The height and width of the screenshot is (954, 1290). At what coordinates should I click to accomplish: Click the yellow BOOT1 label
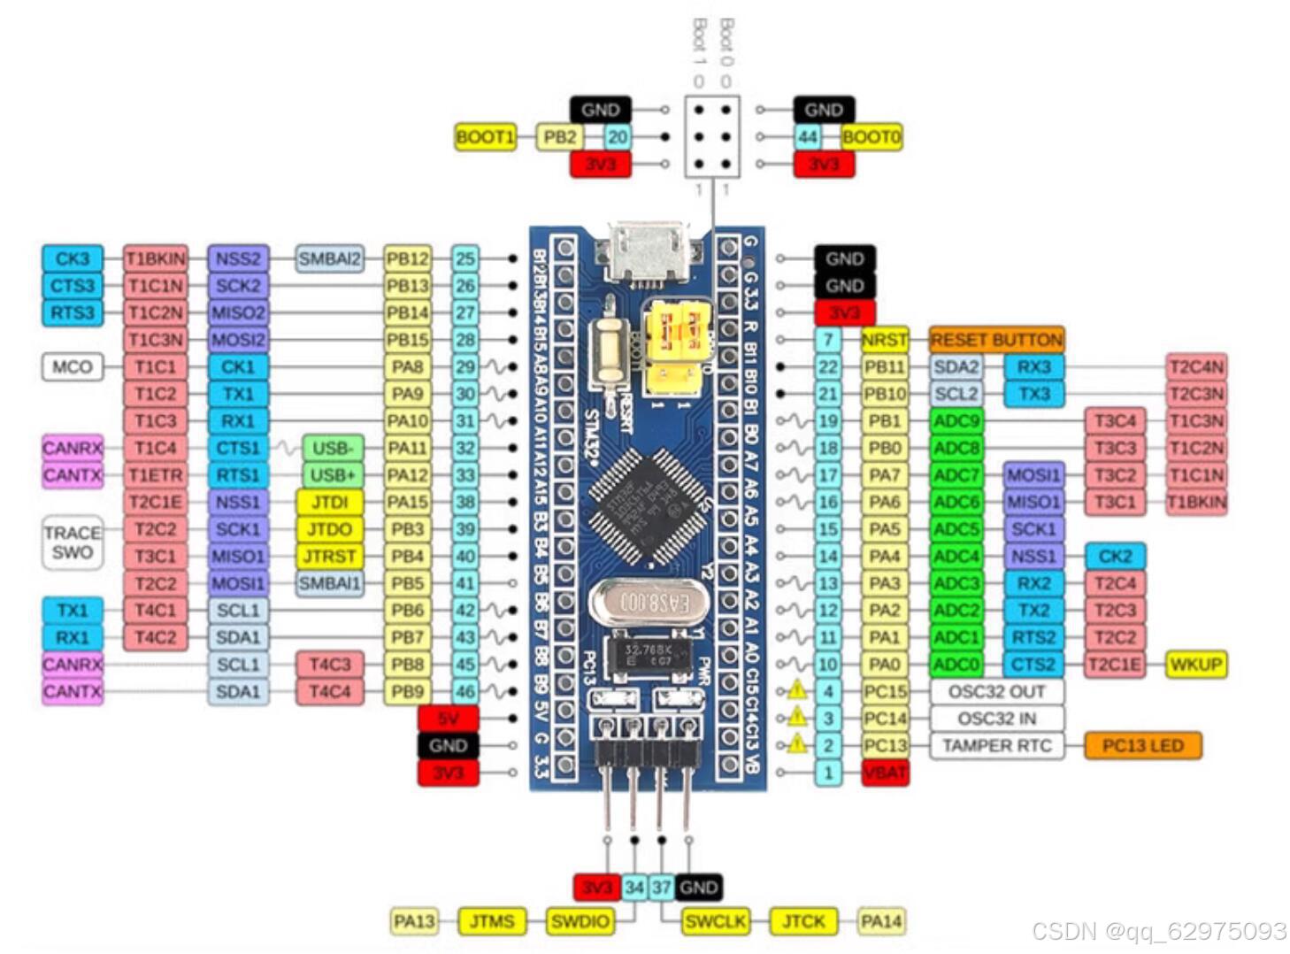point(485,137)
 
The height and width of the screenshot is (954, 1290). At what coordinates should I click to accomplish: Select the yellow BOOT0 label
point(872,137)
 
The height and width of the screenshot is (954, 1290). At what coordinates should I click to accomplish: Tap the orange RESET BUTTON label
point(996,340)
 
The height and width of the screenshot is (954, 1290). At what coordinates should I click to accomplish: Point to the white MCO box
point(72,366)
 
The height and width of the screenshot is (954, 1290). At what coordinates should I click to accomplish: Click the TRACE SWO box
point(72,542)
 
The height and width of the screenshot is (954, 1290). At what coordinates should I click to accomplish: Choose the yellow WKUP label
point(1196,665)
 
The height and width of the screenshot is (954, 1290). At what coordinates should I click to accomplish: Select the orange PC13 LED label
point(1142,746)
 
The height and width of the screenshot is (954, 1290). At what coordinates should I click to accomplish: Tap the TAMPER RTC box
point(996,746)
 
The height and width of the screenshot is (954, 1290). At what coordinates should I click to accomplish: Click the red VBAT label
point(885,773)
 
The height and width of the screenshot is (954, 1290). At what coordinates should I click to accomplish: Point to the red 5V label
point(448,719)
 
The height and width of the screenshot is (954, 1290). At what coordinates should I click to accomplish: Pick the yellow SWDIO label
point(580,922)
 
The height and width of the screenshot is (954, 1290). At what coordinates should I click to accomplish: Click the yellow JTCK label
point(802,922)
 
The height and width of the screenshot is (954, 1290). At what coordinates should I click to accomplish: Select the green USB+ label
point(332,475)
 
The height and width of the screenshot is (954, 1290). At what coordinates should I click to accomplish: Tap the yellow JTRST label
point(329,557)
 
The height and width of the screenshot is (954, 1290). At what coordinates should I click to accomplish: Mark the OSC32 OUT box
point(996,692)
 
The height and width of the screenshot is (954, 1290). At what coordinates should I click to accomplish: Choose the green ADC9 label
point(956,421)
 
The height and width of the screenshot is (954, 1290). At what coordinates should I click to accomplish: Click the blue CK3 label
point(72,259)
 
